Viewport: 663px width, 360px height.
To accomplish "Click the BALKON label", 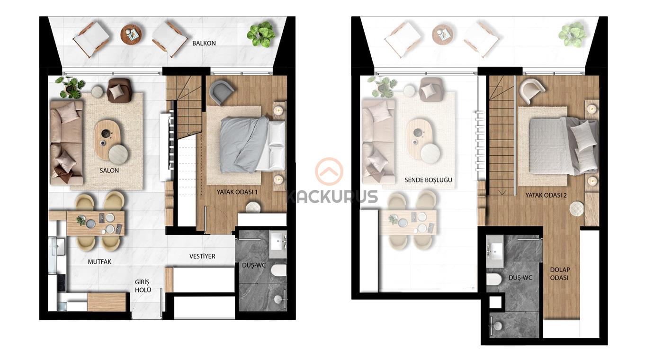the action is [204, 43].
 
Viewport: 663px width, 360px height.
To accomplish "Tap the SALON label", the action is [109, 171].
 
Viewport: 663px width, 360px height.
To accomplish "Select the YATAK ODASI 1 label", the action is [237, 192].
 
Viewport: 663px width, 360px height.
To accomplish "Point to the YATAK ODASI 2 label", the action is [546, 195].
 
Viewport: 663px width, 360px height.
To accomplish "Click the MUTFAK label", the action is [99, 261].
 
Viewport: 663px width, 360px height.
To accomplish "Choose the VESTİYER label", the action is [203, 256].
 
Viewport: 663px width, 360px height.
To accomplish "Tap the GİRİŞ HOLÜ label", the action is [143, 286].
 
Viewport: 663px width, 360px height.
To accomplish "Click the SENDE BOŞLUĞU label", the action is [428, 180].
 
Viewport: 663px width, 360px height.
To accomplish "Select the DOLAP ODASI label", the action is [560, 274].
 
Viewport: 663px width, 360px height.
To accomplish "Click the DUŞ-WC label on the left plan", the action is [254, 266].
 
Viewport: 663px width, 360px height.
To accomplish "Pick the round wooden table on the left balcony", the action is [131, 34].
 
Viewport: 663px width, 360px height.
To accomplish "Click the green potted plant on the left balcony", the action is [261, 34].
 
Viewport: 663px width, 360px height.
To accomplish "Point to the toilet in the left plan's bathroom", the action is [278, 270].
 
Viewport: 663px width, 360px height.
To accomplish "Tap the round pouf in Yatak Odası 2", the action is [577, 209].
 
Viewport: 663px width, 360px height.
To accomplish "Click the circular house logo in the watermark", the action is [329, 171].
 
